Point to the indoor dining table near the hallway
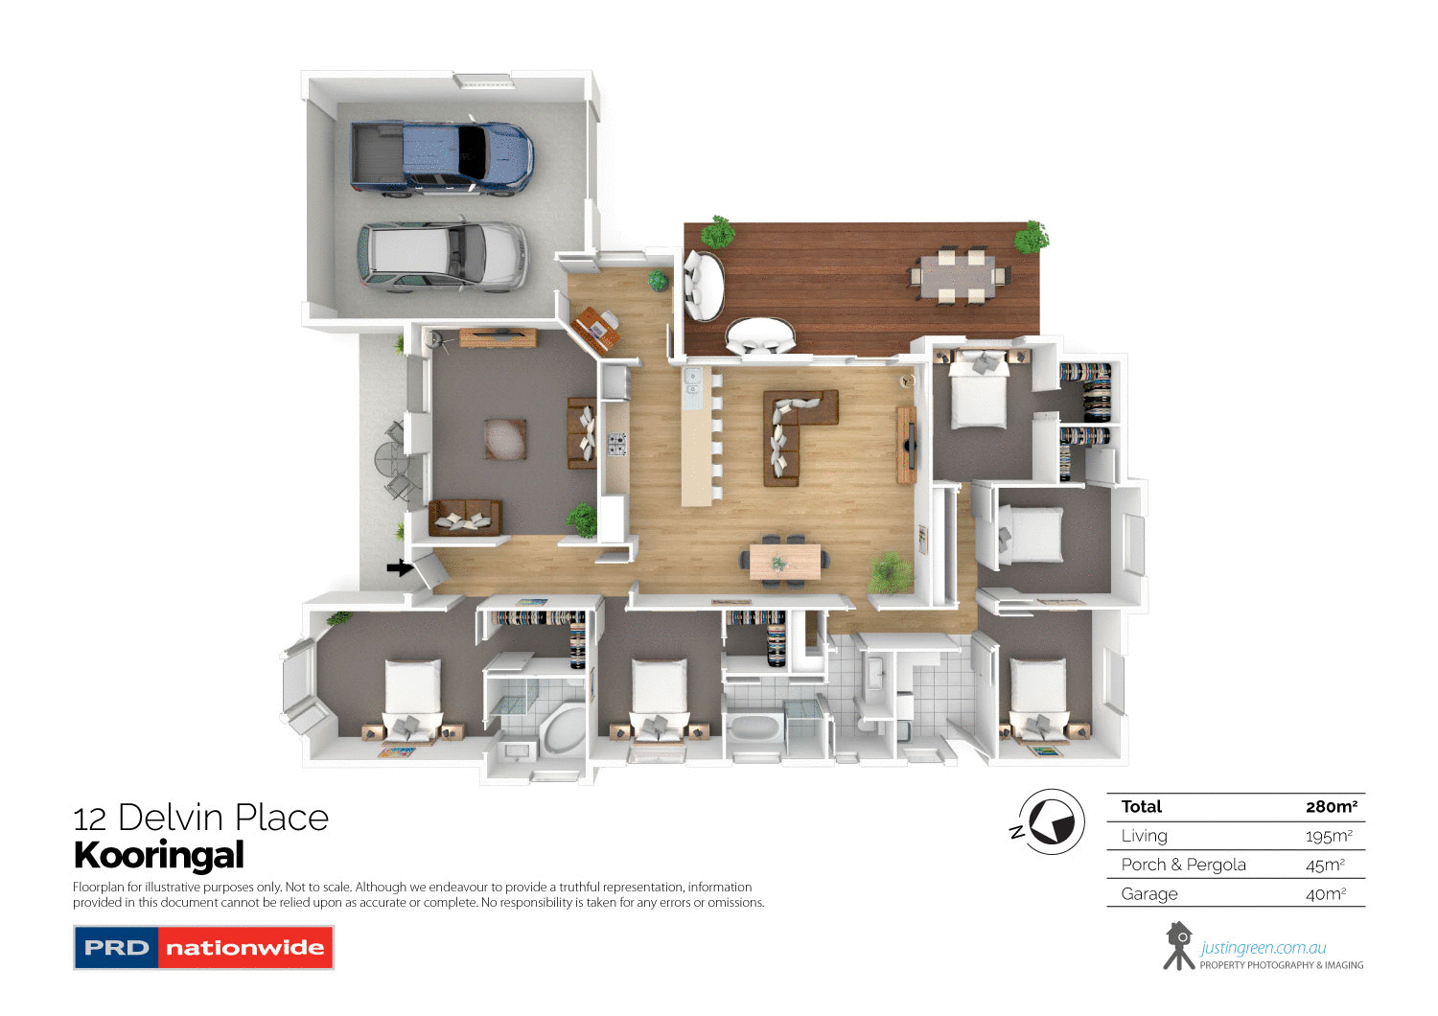(785, 561)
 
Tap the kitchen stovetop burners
(615, 444)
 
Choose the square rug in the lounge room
(505, 438)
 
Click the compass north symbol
(1051, 822)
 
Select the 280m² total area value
(1331, 807)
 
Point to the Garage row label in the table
(1149, 894)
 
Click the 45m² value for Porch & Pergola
(1325, 866)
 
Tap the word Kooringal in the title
(159, 855)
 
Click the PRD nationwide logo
(203, 948)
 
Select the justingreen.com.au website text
(1264, 948)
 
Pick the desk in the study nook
(594, 324)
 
